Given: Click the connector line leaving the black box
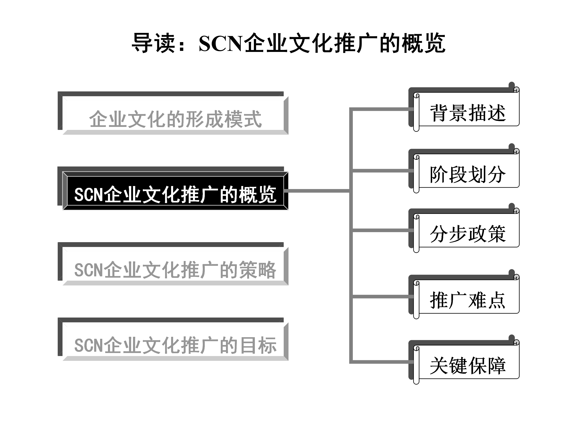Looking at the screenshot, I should [318, 191].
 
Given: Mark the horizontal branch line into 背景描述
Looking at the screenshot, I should [381, 109].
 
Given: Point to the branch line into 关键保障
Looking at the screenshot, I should [381, 362].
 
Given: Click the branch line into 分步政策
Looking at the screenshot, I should [381, 230].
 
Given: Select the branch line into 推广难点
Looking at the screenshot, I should [381, 296].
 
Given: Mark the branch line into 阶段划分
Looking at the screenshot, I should [381, 171].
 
